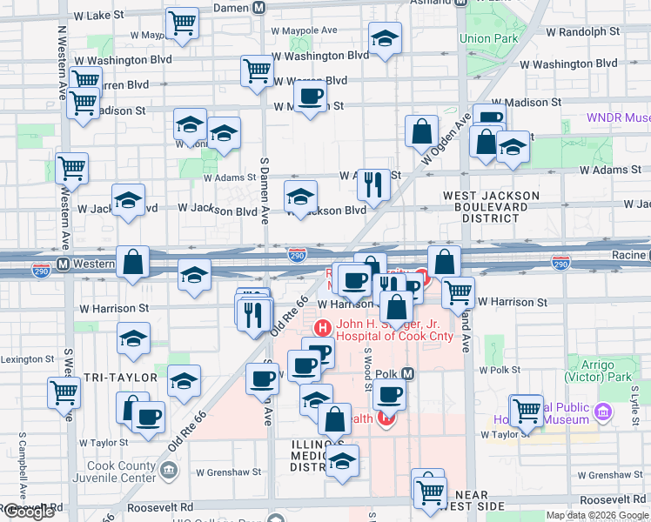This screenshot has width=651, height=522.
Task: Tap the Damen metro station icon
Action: click(258, 7)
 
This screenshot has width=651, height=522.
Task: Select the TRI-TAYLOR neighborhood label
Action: click(120, 378)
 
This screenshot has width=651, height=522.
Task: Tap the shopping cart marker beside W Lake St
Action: click(182, 23)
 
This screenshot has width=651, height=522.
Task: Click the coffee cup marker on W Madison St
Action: click(310, 98)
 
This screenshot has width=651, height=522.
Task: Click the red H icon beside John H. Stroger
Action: click(322, 327)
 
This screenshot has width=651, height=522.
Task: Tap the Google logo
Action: click(29, 512)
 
